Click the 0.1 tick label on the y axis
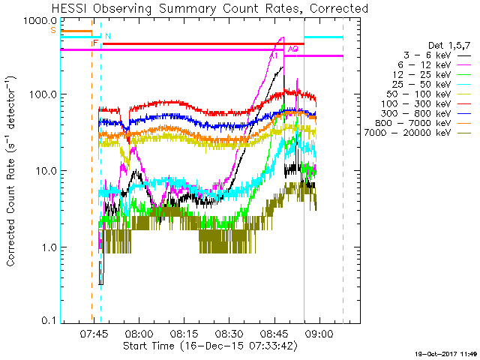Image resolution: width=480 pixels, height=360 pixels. click(x=48, y=321)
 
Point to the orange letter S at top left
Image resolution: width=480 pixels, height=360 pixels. click(x=52, y=30)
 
